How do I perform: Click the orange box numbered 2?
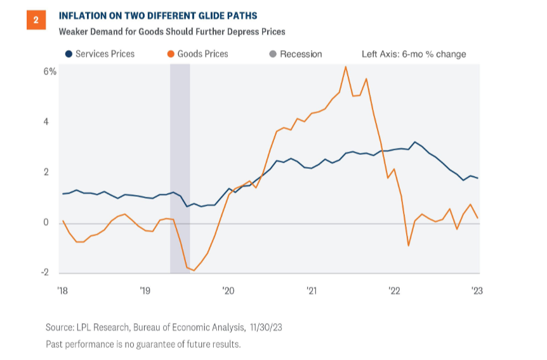pyautogui.click(x=36, y=20)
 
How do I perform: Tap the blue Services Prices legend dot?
pyautogui.click(x=68, y=54)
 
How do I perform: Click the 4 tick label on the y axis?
pyautogui.click(x=46, y=121)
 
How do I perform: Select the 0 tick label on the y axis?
pyautogui.click(x=46, y=222)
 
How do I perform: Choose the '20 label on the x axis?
pyautogui.click(x=228, y=290)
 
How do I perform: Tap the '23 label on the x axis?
pyautogui.click(x=476, y=290)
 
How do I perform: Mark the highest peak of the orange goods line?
pyautogui.click(x=345, y=67)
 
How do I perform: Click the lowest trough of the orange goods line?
pyautogui.click(x=194, y=270)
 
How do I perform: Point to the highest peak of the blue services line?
pyautogui.click(x=414, y=142)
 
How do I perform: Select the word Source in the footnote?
pyautogui.click(x=60, y=328)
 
